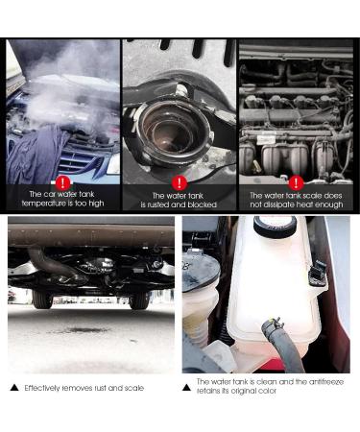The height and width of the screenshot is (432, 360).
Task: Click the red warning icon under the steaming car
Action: pyautogui.click(x=63, y=181)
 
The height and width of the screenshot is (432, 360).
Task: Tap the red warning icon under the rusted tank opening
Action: pyautogui.click(x=179, y=181)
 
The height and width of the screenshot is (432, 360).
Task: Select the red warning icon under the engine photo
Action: pyautogui.click(x=296, y=181)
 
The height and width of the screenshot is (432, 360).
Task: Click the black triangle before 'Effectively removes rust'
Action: pyautogui.click(x=13, y=388)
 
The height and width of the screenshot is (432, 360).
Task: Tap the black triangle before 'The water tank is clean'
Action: pyautogui.click(x=187, y=383)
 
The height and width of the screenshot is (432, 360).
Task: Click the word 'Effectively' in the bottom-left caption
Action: pyautogui.click(x=44, y=388)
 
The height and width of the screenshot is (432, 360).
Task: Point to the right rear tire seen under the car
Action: pyautogui.click(x=139, y=299)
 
